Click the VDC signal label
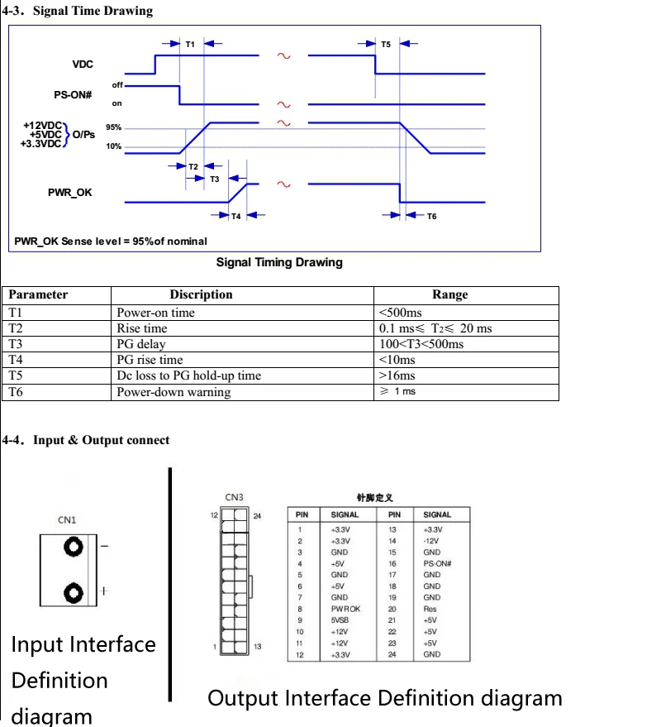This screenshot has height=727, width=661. [x=83, y=64]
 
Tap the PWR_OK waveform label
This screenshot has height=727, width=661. [x=70, y=192]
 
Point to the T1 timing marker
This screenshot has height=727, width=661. [x=190, y=44]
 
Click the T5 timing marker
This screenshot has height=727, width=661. [x=386, y=44]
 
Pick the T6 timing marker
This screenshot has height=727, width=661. [x=431, y=216]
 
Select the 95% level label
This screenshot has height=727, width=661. [x=114, y=127]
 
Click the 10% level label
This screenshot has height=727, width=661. [x=114, y=146]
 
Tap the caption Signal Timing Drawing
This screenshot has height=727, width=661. [x=279, y=262]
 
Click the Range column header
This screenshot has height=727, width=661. [x=449, y=294]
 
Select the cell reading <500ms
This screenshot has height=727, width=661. [x=400, y=313]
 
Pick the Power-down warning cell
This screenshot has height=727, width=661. [x=162, y=392]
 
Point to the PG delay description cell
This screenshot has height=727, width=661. [x=141, y=344]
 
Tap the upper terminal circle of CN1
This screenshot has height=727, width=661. [x=74, y=548]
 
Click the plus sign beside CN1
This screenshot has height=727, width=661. [x=104, y=591]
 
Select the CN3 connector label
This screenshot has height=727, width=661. [x=234, y=497]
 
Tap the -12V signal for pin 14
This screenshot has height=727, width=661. [x=430, y=541]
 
